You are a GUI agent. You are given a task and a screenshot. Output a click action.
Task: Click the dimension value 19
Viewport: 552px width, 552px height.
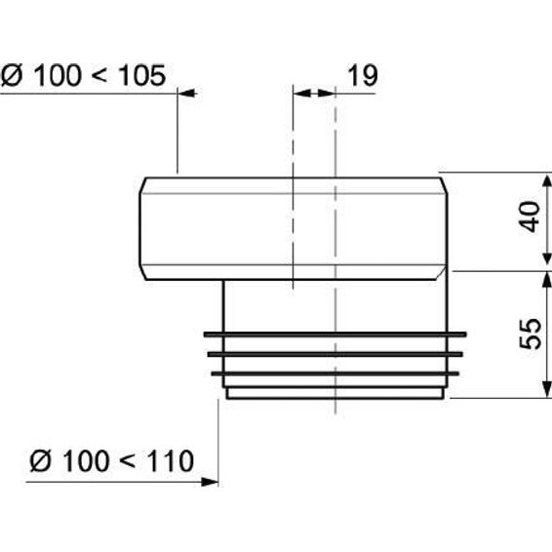click(363, 75)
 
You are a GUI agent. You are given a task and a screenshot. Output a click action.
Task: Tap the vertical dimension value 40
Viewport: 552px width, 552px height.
click(531, 217)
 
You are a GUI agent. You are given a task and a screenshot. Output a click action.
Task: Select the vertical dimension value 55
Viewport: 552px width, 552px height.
click(531, 334)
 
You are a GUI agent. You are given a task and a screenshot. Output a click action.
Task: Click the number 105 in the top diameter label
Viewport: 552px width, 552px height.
click(142, 75)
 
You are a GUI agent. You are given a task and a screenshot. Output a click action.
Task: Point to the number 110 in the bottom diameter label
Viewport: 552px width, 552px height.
click(171, 461)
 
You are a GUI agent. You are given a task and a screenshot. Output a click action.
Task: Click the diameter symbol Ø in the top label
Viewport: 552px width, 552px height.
click(12, 75)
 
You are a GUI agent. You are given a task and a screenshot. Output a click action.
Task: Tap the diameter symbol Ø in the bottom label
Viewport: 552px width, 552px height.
click(40, 461)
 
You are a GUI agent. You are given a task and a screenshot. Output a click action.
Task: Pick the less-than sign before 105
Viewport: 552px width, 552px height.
click(100, 76)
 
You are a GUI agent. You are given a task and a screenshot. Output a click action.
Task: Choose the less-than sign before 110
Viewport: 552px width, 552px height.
click(128, 461)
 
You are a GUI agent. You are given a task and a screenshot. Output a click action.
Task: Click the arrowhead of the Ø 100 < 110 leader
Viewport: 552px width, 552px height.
click(210, 482)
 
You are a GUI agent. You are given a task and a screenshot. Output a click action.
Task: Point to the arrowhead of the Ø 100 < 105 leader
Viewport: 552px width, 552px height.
click(187, 94)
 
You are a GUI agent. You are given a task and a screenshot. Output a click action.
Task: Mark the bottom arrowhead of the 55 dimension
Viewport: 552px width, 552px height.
click(546, 389)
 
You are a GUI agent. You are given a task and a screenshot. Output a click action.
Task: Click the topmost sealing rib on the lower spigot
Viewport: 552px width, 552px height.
click(335, 335)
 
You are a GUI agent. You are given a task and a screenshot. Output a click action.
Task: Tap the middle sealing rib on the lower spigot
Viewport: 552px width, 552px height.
click(335, 354)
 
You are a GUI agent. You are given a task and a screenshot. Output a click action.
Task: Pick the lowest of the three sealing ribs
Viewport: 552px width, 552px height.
click(335, 374)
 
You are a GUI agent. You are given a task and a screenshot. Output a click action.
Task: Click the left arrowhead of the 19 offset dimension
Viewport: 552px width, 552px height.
click(302, 94)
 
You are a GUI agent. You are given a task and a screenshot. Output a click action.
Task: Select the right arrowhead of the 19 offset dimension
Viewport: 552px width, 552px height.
click(326, 94)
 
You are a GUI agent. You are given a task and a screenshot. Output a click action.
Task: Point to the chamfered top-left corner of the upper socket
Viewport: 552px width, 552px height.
click(143, 185)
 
